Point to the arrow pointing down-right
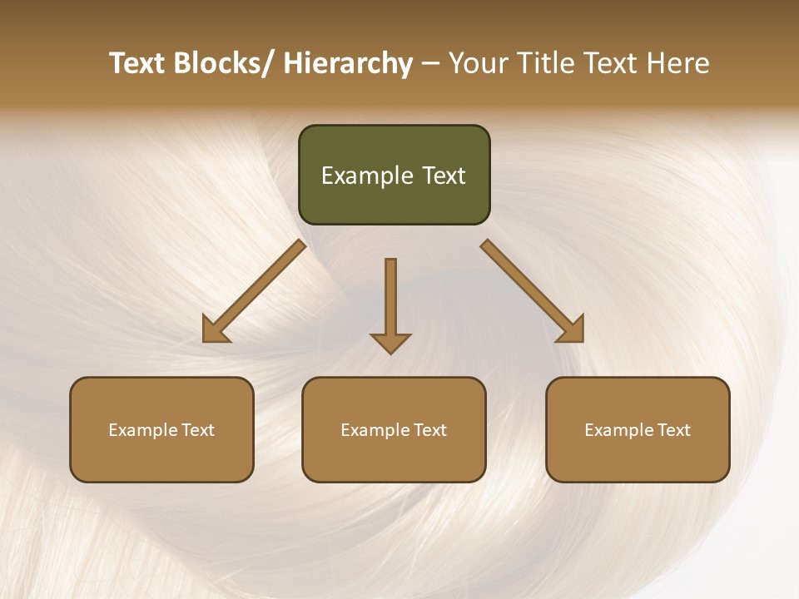(x=533, y=291)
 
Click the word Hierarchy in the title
(x=348, y=63)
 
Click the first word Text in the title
(x=137, y=63)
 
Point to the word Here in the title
(x=678, y=63)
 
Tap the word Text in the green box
(x=444, y=176)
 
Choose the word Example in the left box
(x=142, y=430)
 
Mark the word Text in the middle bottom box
(x=429, y=430)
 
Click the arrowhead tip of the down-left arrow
(x=206, y=339)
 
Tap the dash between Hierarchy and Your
(x=430, y=64)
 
